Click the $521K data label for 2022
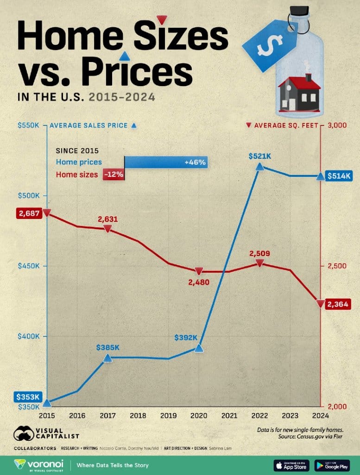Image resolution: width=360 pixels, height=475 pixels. coord(259,157)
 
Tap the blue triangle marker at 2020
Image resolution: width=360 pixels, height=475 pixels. coord(199,348)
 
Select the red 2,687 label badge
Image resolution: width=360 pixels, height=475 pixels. coord(29,213)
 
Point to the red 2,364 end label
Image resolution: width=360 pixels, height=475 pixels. coord(337,304)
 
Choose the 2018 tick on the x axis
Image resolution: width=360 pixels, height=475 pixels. coord(138,416)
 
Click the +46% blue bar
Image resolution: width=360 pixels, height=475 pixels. coord(165,162)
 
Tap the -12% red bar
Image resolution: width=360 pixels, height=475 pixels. coord(114,175)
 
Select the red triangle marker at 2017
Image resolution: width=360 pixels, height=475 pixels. coord(107,229)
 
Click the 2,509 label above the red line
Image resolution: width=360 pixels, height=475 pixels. coord(259,254)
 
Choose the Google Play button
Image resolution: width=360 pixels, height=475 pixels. coord(332,464)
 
